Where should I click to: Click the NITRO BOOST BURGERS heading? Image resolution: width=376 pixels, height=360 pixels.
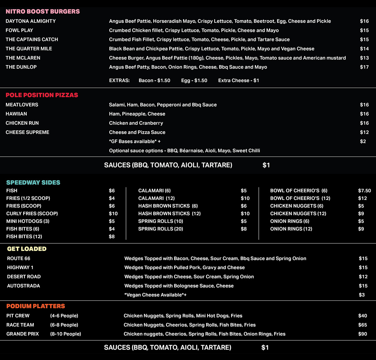click(x=43, y=12)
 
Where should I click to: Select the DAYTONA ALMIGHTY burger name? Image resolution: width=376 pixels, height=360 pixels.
click(x=31, y=21)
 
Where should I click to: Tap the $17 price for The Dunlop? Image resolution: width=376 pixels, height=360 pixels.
click(x=364, y=67)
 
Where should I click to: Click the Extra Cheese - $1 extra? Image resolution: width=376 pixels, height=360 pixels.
click(x=238, y=81)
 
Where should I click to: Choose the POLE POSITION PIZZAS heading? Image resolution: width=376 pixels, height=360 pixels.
click(x=42, y=95)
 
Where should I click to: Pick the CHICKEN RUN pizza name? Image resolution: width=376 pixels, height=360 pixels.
click(x=22, y=123)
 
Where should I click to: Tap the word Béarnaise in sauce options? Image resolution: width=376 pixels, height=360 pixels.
click(x=191, y=151)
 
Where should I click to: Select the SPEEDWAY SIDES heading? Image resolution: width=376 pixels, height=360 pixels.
click(x=33, y=183)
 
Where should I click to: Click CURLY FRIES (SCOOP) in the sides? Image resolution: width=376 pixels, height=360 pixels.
click(x=32, y=214)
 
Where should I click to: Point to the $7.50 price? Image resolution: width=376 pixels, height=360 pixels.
click(x=364, y=191)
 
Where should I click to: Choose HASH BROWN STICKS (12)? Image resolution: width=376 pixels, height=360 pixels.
click(x=169, y=214)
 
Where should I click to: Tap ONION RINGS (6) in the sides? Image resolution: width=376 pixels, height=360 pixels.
click(x=290, y=221)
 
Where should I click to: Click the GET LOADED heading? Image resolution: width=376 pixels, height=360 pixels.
click(x=27, y=249)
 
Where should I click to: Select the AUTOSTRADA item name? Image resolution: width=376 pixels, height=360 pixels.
click(x=23, y=286)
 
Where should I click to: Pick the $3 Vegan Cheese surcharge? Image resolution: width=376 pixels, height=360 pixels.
click(x=362, y=295)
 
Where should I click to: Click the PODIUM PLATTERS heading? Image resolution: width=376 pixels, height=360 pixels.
click(x=36, y=306)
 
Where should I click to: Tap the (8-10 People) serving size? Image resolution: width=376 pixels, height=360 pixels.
click(x=65, y=334)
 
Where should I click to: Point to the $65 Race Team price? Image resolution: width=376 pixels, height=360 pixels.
click(x=363, y=325)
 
